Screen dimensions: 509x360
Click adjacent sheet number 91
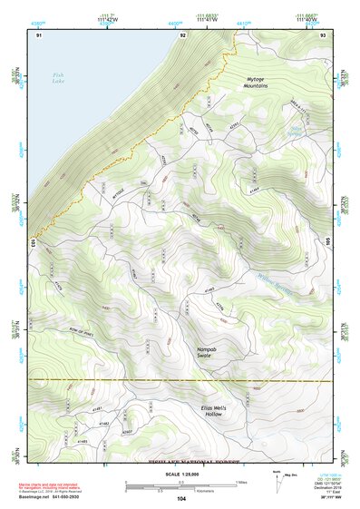pos(39,34)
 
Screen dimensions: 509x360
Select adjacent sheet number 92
pos(182,34)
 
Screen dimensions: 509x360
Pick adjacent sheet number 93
pos(324,34)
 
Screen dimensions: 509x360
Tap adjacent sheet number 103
pos(33,243)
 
